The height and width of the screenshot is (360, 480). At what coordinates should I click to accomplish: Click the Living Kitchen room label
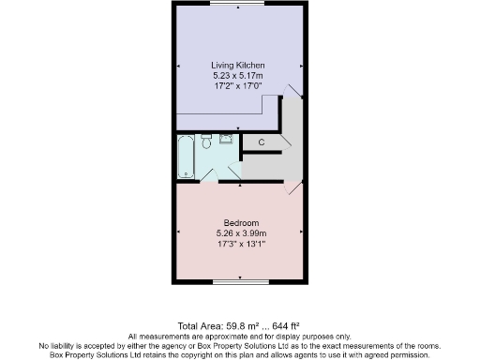tap(239, 65)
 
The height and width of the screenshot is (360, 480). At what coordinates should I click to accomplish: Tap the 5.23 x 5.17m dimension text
tap(239, 74)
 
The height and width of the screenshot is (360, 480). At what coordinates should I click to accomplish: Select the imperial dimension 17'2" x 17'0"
tap(239, 83)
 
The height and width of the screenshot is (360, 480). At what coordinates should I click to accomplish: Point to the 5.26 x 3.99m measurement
tap(241, 233)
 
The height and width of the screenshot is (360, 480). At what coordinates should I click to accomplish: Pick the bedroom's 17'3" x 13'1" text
tap(241, 244)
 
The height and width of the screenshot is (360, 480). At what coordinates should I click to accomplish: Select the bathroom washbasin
tap(225, 139)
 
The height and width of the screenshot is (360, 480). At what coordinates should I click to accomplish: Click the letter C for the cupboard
tap(262, 142)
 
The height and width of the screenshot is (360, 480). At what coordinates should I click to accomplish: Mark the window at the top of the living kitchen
tap(240, 4)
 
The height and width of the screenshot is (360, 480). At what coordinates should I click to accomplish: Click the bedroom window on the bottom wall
tap(240, 280)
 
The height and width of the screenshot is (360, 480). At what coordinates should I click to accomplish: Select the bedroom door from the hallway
tap(293, 187)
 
